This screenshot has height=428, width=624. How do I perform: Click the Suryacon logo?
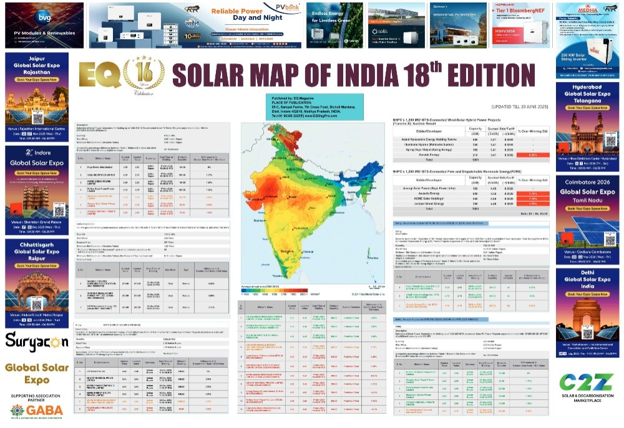(x=36, y=341)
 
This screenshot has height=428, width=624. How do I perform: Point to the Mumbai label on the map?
(x=260, y=221)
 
